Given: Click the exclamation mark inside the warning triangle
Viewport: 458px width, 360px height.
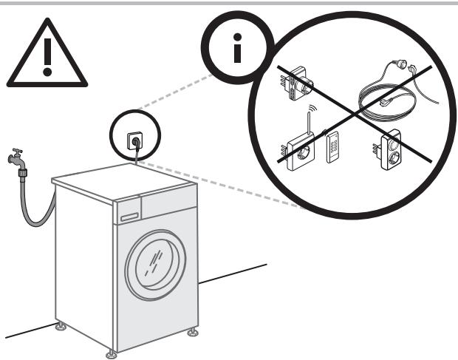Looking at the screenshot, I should pos(47,58).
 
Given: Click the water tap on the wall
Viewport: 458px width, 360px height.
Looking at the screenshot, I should pos(16,157).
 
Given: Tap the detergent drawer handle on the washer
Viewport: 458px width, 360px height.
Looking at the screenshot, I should pos(129,217).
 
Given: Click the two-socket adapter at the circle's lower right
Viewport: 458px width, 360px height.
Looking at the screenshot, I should pos(390,149).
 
